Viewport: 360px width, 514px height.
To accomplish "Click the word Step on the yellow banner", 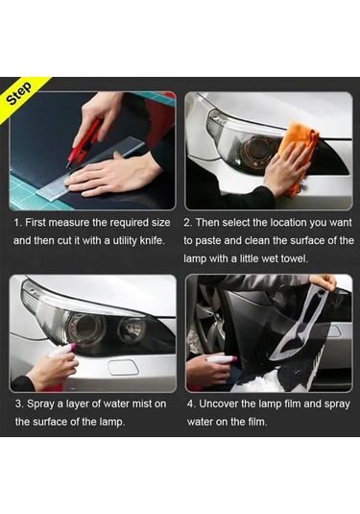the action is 20,93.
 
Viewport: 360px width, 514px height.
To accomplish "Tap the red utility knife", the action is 84,142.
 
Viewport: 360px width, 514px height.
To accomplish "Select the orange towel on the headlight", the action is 298,154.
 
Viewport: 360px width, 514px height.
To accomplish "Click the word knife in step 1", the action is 152,240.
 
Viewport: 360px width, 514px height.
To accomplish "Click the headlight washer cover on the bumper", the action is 124,367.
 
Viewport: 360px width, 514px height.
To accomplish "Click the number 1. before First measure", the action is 18,223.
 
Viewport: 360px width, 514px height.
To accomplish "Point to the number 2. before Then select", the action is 188,223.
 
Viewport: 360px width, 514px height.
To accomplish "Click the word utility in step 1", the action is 125,241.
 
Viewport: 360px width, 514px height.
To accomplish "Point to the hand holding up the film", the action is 324,281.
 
